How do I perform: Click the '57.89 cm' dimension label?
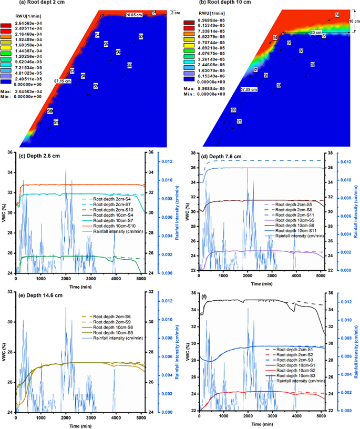tap(249, 90)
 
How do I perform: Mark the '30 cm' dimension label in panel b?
tap(301, 33)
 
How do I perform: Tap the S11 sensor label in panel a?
tap(56, 122)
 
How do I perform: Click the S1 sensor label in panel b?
tap(337, 17)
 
